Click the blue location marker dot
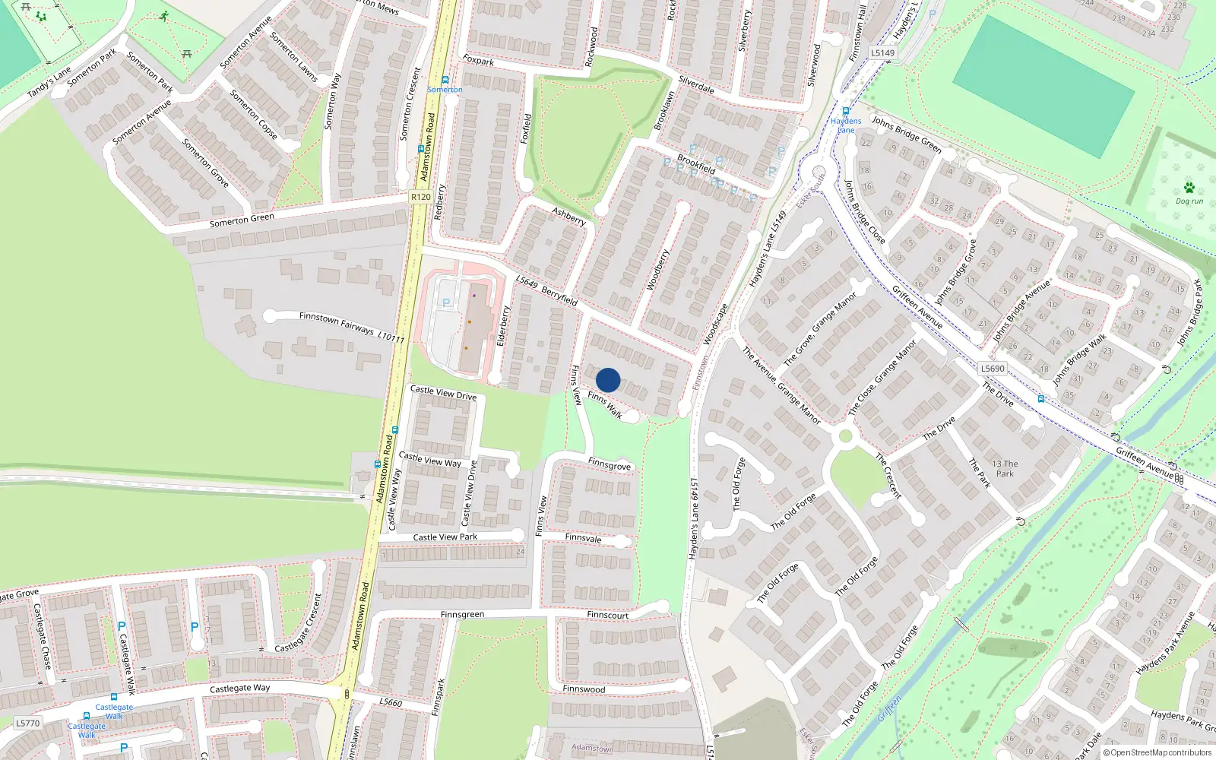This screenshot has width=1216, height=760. pyautogui.click(x=608, y=380)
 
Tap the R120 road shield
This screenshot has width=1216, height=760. pyautogui.click(x=420, y=197)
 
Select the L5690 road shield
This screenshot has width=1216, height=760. pyautogui.click(x=993, y=369)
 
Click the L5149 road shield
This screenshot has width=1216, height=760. pyautogui.click(x=883, y=53)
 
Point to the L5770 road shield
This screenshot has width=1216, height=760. pyautogui.click(x=27, y=723)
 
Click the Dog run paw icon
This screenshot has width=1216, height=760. pyautogui.click(x=1189, y=188)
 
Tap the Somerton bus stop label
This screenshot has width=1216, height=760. pyautogui.click(x=445, y=90)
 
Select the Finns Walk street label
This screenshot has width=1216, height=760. pyautogui.click(x=605, y=405)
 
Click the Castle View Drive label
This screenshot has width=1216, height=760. pyautogui.click(x=443, y=393)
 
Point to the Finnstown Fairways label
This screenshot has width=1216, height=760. pyautogui.click(x=337, y=322)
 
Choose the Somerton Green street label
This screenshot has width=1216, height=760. pyautogui.click(x=242, y=220)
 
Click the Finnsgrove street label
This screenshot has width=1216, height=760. pyautogui.click(x=609, y=464)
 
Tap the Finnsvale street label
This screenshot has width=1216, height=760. pyautogui.click(x=583, y=538)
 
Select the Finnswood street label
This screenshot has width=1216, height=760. pyautogui.click(x=584, y=689)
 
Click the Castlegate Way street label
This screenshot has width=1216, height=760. pyautogui.click(x=239, y=689)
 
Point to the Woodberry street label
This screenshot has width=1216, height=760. pyautogui.click(x=657, y=270)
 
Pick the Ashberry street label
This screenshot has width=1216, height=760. pyautogui.click(x=568, y=217)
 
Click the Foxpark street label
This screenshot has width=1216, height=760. pyautogui.click(x=478, y=60)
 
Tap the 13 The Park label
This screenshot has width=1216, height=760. pyautogui.click(x=1005, y=468)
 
